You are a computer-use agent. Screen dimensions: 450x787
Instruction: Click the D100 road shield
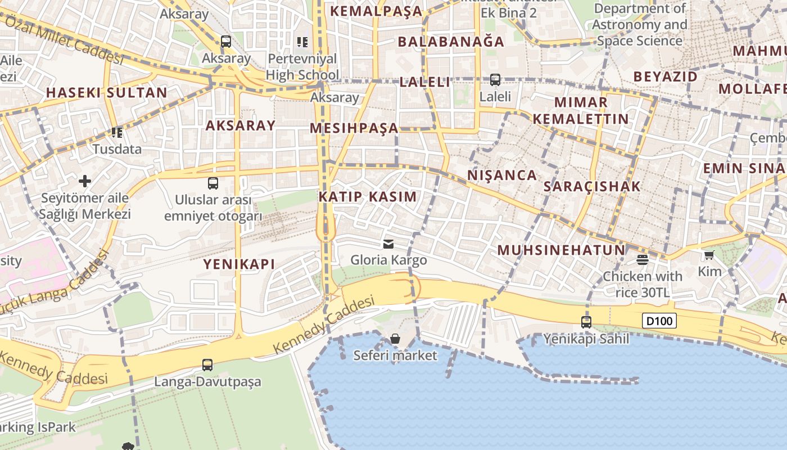click(659, 321)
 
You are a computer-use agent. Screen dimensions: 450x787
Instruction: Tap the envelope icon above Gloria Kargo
click(388, 244)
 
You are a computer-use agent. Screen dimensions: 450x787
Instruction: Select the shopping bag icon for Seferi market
click(395, 339)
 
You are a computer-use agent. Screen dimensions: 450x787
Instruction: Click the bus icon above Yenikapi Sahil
click(586, 322)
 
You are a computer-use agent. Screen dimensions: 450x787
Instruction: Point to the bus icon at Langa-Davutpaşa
click(207, 365)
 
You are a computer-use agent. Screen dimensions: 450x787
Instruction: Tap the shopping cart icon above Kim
click(709, 255)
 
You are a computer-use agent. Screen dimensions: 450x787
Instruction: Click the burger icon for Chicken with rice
click(642, 259)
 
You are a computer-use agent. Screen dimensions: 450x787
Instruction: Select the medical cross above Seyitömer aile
click(85, 181)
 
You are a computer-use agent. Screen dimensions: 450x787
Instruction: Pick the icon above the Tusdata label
click(117, 133)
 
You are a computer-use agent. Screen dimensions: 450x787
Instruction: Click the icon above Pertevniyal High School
click(302, 42)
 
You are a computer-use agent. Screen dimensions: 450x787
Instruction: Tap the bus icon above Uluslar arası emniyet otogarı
click(213, 183)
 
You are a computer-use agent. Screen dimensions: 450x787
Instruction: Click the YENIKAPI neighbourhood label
click(239, 264)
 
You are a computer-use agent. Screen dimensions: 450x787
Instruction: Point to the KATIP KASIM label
click(368, 197)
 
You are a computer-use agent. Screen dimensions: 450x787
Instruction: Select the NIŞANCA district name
click(502, 175)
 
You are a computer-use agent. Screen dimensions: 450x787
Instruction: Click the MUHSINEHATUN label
click(561, 250)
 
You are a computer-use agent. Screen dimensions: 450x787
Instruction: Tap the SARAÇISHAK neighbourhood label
click(592, 187)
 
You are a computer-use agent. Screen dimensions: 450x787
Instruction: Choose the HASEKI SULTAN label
click(106, 93)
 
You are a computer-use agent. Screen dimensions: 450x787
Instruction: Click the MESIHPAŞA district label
click(354, 128)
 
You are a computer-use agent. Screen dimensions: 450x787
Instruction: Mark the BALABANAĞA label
click(451, 42)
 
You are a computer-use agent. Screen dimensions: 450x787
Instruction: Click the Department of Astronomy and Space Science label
click(639, 25)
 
